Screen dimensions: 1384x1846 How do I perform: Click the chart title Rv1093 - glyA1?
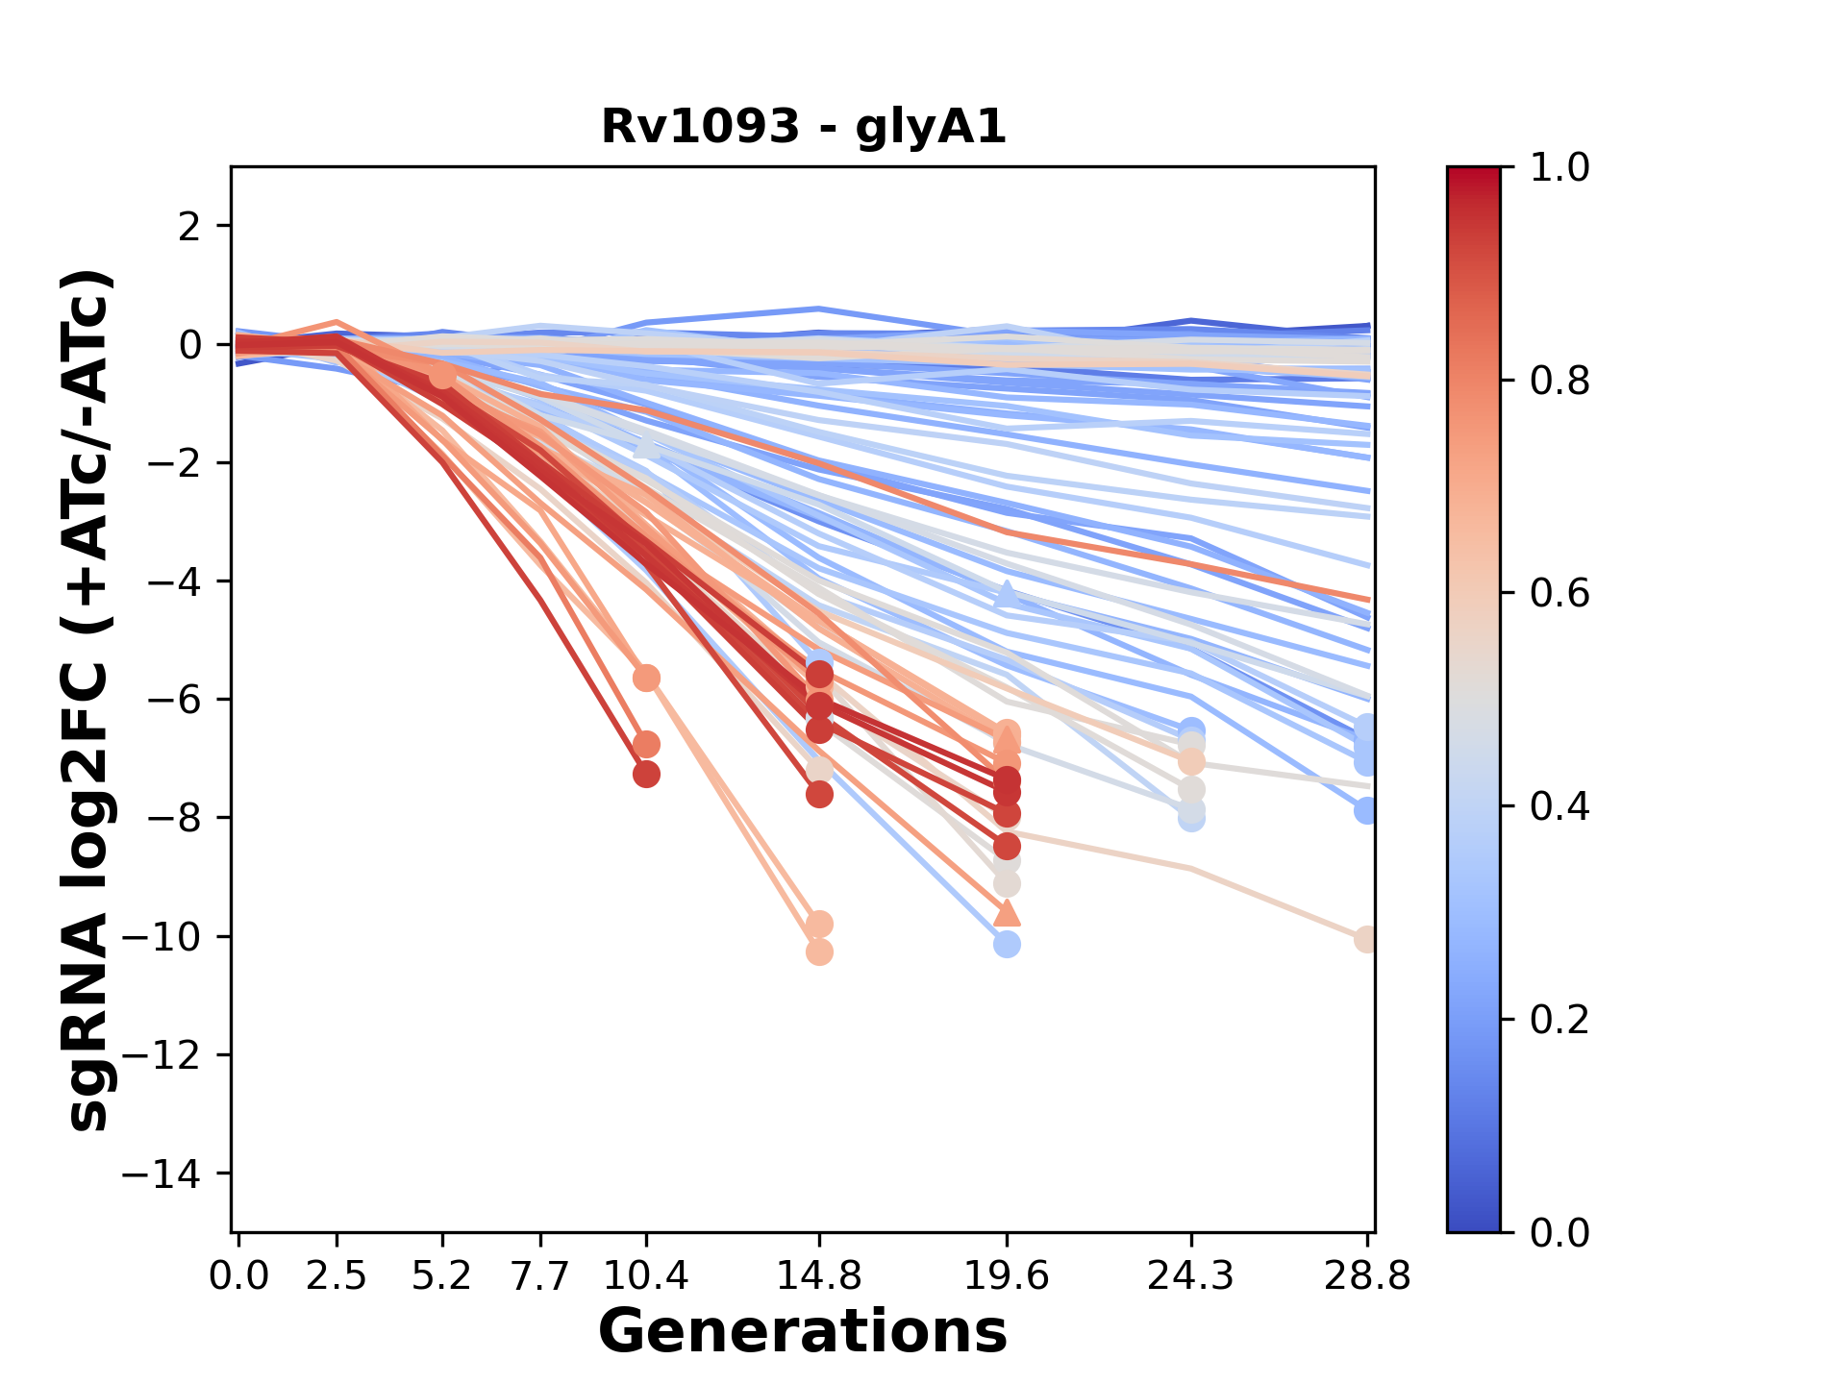click(x=804, y=127)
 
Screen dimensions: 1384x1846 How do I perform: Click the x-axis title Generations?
click(x=803, y=1332)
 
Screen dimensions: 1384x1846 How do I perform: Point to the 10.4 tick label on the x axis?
click(x=646, y=1275)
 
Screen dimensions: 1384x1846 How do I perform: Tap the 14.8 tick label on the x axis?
click(x=819, y=1275)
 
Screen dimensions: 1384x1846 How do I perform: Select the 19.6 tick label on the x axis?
click(x=1007, y=1275)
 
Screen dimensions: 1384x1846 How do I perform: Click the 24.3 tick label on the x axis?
click(x=1191, y=1275)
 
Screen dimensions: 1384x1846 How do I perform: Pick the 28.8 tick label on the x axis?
click(x=1367, y=1275)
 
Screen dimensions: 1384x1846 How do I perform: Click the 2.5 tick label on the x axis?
click(x=337, y=1275)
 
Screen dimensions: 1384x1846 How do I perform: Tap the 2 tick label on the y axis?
click(x=190, y=227)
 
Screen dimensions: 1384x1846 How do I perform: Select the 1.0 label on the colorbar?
click(x=1559, y=168)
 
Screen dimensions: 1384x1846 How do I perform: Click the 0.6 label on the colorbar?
click(x=1559, y=594)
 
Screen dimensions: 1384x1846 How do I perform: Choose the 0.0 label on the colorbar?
click(x=1559, y=1232)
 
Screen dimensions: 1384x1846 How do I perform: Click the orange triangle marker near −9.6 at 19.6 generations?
click(x=1007, y=913)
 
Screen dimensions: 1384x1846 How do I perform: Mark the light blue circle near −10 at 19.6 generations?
click(x=1007, y=945)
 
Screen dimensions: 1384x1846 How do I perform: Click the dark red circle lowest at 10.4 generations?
click(x=646, y=774)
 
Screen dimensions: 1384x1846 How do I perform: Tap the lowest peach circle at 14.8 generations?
click(x=819, y=952)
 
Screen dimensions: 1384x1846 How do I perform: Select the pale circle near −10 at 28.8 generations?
click(x=1366, y=940)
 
